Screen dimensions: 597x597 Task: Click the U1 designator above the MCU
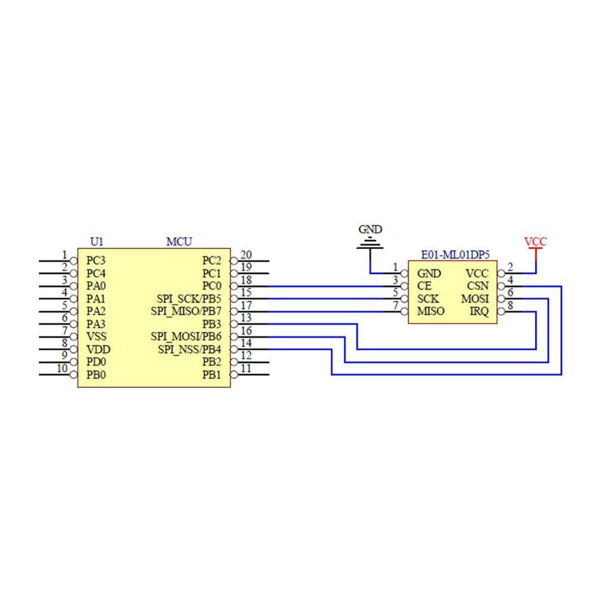(97, 242)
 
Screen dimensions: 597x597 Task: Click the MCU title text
(179, 242)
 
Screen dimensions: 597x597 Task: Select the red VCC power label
(535, 242)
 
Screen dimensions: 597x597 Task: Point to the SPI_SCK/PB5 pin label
(189, 298)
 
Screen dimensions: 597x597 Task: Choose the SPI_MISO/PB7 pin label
(189, 311)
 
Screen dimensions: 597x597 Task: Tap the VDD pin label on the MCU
(98, 349)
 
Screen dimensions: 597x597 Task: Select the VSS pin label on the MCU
(96, 337)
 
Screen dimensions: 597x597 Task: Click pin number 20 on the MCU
(245, 256)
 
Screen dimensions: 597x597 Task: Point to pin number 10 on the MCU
(62, 368)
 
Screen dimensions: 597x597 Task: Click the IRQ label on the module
(479, 311)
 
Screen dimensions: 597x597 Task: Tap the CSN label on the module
(478, 286)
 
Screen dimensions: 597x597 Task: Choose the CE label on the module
(424, 286)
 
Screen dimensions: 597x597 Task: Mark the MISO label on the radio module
(430, 311)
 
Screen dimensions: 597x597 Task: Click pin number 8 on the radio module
(510, 306)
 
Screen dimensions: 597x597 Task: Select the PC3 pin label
(96, 261)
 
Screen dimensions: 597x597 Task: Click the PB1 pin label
(211, 375)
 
